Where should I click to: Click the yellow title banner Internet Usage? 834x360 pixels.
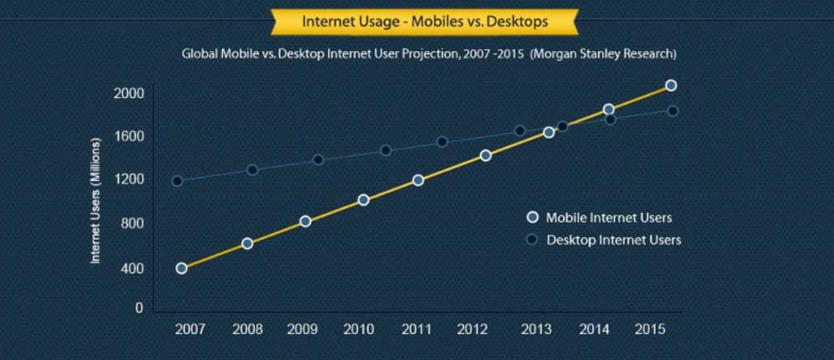(x=425, y=21)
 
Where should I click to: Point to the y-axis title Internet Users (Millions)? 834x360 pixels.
(x=96, y=201)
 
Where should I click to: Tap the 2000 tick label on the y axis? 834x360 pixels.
(x=129, y=93)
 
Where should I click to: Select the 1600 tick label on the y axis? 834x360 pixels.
(x=129, y=137)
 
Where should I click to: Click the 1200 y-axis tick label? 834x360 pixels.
(x=129, y=180)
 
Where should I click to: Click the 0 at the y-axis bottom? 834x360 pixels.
(x=139, y=308)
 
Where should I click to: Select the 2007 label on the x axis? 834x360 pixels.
(x=189, y=330)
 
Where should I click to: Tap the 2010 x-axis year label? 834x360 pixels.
(x=358, y=330)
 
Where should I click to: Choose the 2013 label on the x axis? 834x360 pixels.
(x=536, y=330)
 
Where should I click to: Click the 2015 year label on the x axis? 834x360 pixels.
(x=650, y=330)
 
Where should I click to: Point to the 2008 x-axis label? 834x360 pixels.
(x=247, y=330)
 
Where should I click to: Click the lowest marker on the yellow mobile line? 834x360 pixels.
(x=182, y=268)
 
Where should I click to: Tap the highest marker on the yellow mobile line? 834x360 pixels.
(x=671, y=85)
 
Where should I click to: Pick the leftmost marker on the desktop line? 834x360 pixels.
(x=178, y=182)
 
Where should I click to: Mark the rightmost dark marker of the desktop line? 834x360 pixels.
(x=672, y=111)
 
